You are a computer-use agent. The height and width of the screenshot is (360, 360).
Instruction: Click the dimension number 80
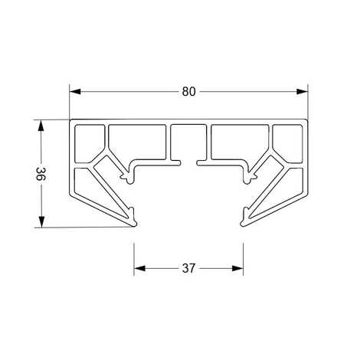coord(188,92)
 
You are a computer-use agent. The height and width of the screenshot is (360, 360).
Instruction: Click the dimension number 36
coord(41,174)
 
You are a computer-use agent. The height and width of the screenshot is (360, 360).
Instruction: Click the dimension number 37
coord(188,268)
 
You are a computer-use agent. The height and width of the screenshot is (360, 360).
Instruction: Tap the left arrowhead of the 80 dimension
coord(75,92)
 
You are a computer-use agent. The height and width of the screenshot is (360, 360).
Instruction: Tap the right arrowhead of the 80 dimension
coord(302,92)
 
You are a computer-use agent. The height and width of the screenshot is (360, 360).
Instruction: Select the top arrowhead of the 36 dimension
coord(41,126)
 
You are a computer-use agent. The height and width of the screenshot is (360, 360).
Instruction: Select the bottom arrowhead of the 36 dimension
coord(41,221)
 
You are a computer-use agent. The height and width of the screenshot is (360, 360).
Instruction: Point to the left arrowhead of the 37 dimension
coord(139,268)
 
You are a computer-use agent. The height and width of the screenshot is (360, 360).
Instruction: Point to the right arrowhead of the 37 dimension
coord(237,268)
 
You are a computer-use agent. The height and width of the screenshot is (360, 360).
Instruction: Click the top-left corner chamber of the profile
coord(89,143)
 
